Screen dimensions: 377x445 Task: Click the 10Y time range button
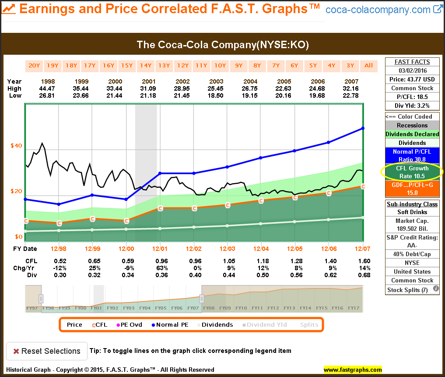(220, 66)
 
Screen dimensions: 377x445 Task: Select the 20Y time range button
(34, 66)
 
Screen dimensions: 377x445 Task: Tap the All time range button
(369, 66)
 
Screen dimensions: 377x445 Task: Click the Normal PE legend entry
(171, 324)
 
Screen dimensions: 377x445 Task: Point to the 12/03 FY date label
(227, 249)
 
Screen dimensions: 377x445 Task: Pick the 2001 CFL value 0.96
(160, 261)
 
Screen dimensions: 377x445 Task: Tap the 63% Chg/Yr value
(160, 268)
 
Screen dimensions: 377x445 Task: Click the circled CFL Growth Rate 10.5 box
(412, 172)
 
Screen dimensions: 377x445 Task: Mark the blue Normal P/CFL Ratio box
(412, 155)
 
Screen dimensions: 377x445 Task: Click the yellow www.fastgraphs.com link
(353, 370)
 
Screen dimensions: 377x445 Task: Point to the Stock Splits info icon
(436, 289)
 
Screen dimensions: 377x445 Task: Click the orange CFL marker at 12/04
(261, 201)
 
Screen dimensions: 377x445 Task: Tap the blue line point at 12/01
(160, 173)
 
